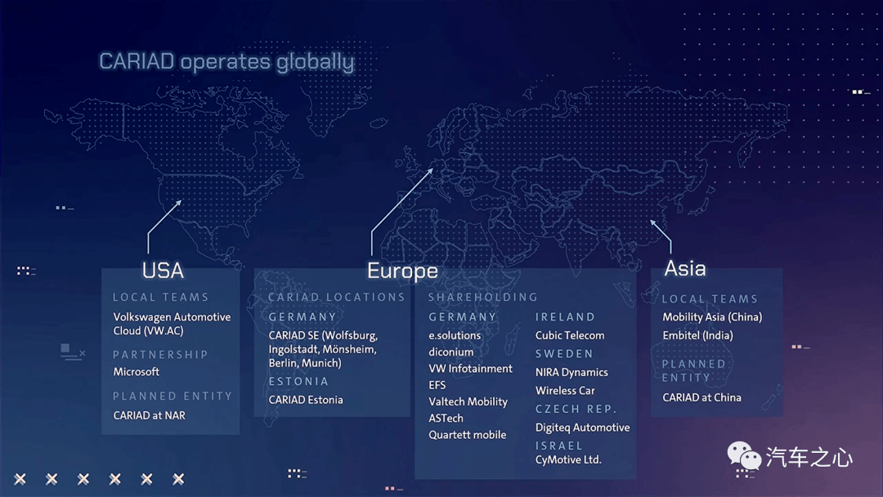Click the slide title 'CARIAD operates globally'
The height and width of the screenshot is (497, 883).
pyautogui.click(x=226, y=62)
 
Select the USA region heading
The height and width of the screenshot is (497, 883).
pyautogui.click(x=163, y=271)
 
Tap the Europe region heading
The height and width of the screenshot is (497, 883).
pyautogui.click(x=402, y=271)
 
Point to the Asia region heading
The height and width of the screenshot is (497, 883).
pyautogui.click(x=685, y=268)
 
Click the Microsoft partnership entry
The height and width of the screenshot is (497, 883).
pyautogui.click(x=137, y=371)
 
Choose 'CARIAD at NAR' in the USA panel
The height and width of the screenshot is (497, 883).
pyautogui.click(x=150, y=415)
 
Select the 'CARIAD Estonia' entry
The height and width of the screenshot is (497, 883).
pyautogui.click(x=306, y=400)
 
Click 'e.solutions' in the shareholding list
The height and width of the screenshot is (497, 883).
pyautogui.click(x=455, y=335)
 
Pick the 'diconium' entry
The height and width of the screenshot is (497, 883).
pyautogui.click(x=451, y=351)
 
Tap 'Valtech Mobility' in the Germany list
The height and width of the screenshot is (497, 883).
pyautogui.click(x=468, y=401)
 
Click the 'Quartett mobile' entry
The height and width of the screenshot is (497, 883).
pyautogui.click(x=468, y=435)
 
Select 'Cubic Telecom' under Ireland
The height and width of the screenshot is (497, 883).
pyautogui.click(x=570, y=335)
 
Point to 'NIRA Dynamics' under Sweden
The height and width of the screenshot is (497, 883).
pyautogui.click(x=571, y=372)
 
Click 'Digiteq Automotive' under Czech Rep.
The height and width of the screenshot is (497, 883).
pyautogui.click(x=583, y=428)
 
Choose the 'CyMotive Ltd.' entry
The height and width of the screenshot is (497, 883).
pyautogui.click(x=568, y=460)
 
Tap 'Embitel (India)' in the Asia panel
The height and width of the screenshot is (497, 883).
pyautogui.click(x=697, y=335)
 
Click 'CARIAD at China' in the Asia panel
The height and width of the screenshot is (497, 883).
pyautogui.click(x=701, y=397)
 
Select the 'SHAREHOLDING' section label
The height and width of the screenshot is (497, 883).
pyautogui.click(x=483, y=298)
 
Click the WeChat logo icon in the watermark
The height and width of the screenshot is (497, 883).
pyautogui.click(x=744, y=455)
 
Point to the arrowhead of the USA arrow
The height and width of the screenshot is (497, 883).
pyautogui.click(x=178, y=203)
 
